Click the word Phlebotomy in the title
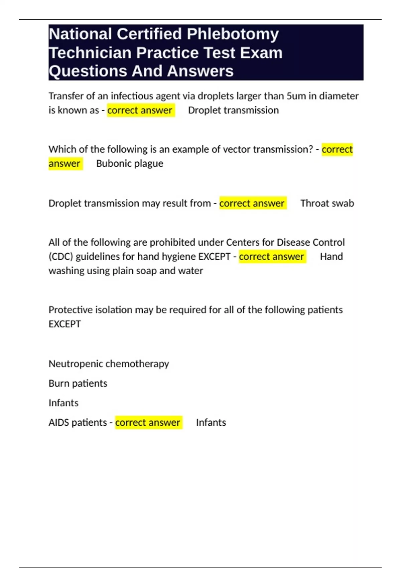point(233,34)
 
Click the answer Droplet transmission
point(233,110)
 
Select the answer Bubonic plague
point(130,164)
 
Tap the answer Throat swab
point(327,203)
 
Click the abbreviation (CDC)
point(61,257)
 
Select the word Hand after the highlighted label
point(331,257)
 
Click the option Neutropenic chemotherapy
point(109,364)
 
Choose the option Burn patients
point(78,384)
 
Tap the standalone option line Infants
point(63,403)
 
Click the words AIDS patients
point(78,423)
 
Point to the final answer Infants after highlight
point(211,423)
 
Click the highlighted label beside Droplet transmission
point(140,110)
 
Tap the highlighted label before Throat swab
point(253,203)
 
